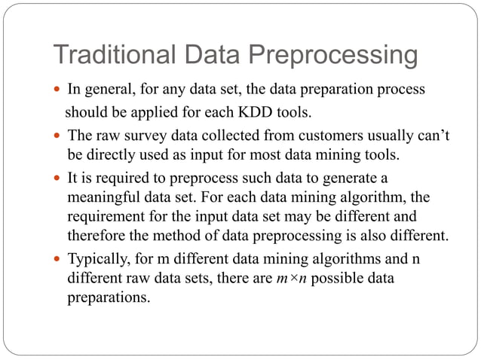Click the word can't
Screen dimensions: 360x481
(435, 136)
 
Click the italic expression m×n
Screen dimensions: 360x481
(287, 279)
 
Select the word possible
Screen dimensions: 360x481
(336, 279)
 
